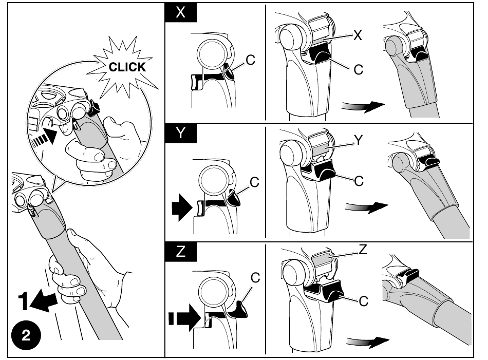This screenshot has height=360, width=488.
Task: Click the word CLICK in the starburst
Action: tap(127, 67)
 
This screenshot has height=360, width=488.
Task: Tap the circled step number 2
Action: tap(26, 335)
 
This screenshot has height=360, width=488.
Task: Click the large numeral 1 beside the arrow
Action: tap(24, 301)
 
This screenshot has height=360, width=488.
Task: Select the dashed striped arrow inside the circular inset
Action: tap(44, 137)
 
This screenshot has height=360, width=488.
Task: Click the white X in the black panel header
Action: tap(180, 13)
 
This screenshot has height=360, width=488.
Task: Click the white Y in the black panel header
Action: tap(180, 133)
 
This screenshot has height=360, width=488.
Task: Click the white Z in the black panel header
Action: tap(180, 251)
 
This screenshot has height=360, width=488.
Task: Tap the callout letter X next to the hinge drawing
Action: tap(358, 35)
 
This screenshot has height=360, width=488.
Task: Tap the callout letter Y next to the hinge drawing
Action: tap(359, 140)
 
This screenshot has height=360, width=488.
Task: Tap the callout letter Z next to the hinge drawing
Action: tap(363, 249)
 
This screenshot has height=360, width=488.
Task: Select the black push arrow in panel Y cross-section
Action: tap(182, 207)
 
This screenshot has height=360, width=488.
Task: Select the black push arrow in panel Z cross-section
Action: tap(185, 318)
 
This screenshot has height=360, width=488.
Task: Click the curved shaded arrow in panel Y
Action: tap(367, 207)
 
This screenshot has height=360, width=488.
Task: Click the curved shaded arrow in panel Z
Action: tap(368, 342)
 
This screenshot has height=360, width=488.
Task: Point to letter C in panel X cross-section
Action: tap(251, 60)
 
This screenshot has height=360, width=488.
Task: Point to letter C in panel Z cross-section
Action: tap(255, 277)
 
